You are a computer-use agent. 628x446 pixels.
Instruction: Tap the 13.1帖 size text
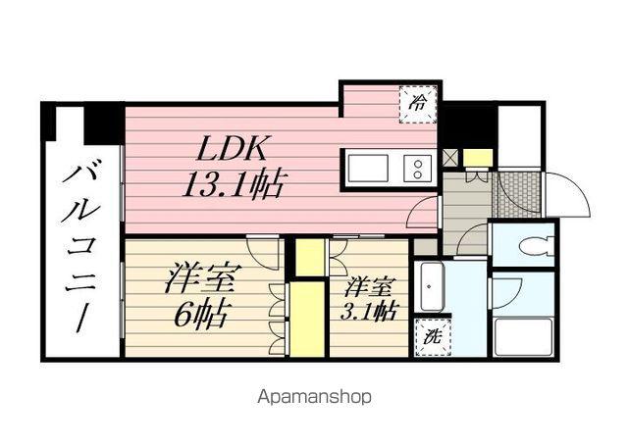pyautogui.click(x=233, y=182)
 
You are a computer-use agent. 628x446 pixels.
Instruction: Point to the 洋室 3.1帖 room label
pyautogui.click(x=371, y=299)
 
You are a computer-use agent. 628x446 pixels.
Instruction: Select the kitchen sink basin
pyautogui.click(x=369, y=166)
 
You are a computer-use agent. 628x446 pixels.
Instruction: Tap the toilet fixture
pyautogui.click(x=528, y=245)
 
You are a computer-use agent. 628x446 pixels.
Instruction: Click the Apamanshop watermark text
pyautogui.click(x=314, y=398)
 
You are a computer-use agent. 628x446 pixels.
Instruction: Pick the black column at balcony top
pyautogui.click(x=102, y=123)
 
